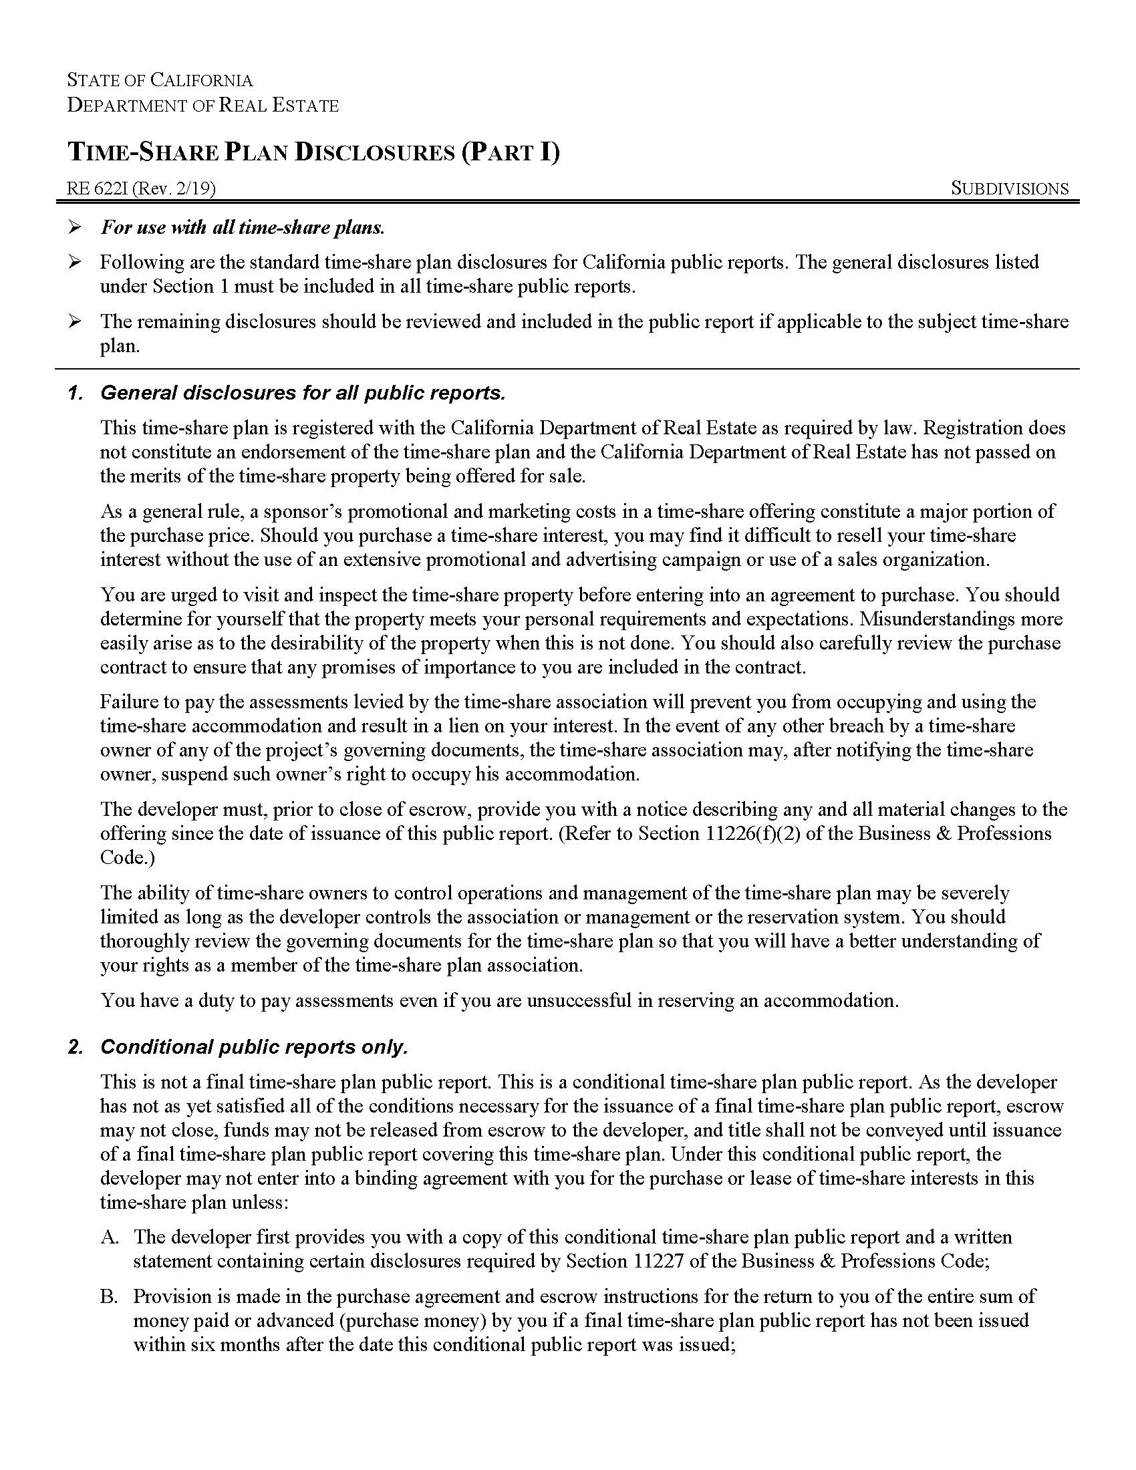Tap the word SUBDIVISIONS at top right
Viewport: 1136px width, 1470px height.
click(1009, 188)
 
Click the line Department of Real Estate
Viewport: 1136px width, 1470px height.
click(202, 105)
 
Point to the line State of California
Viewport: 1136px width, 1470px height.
click(160, 80)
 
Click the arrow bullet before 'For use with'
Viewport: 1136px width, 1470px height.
click(75, 227)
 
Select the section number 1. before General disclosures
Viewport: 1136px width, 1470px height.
click(76, 393)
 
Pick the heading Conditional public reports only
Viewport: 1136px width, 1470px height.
click(254, 1046)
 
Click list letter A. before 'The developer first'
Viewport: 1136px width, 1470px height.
click(110, 1237)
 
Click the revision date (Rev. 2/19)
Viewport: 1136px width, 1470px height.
click(174, 188)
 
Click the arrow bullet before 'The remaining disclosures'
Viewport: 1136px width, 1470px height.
click(75, 322)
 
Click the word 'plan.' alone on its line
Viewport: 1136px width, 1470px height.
click(120, 347)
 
